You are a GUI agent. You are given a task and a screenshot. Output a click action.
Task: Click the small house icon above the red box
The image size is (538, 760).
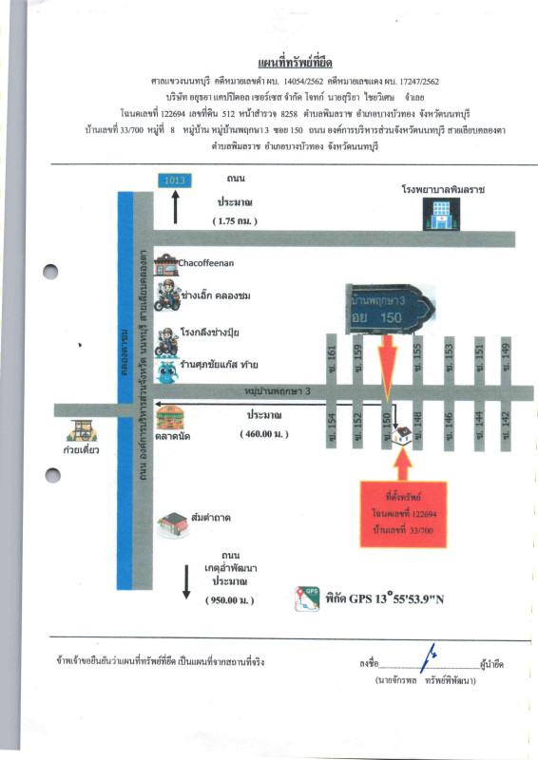(x=403, y=434)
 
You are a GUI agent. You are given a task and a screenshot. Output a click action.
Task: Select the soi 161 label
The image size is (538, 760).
(x=332, y=353)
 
